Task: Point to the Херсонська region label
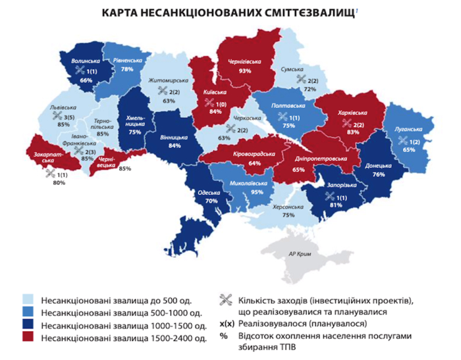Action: click(288, 207)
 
